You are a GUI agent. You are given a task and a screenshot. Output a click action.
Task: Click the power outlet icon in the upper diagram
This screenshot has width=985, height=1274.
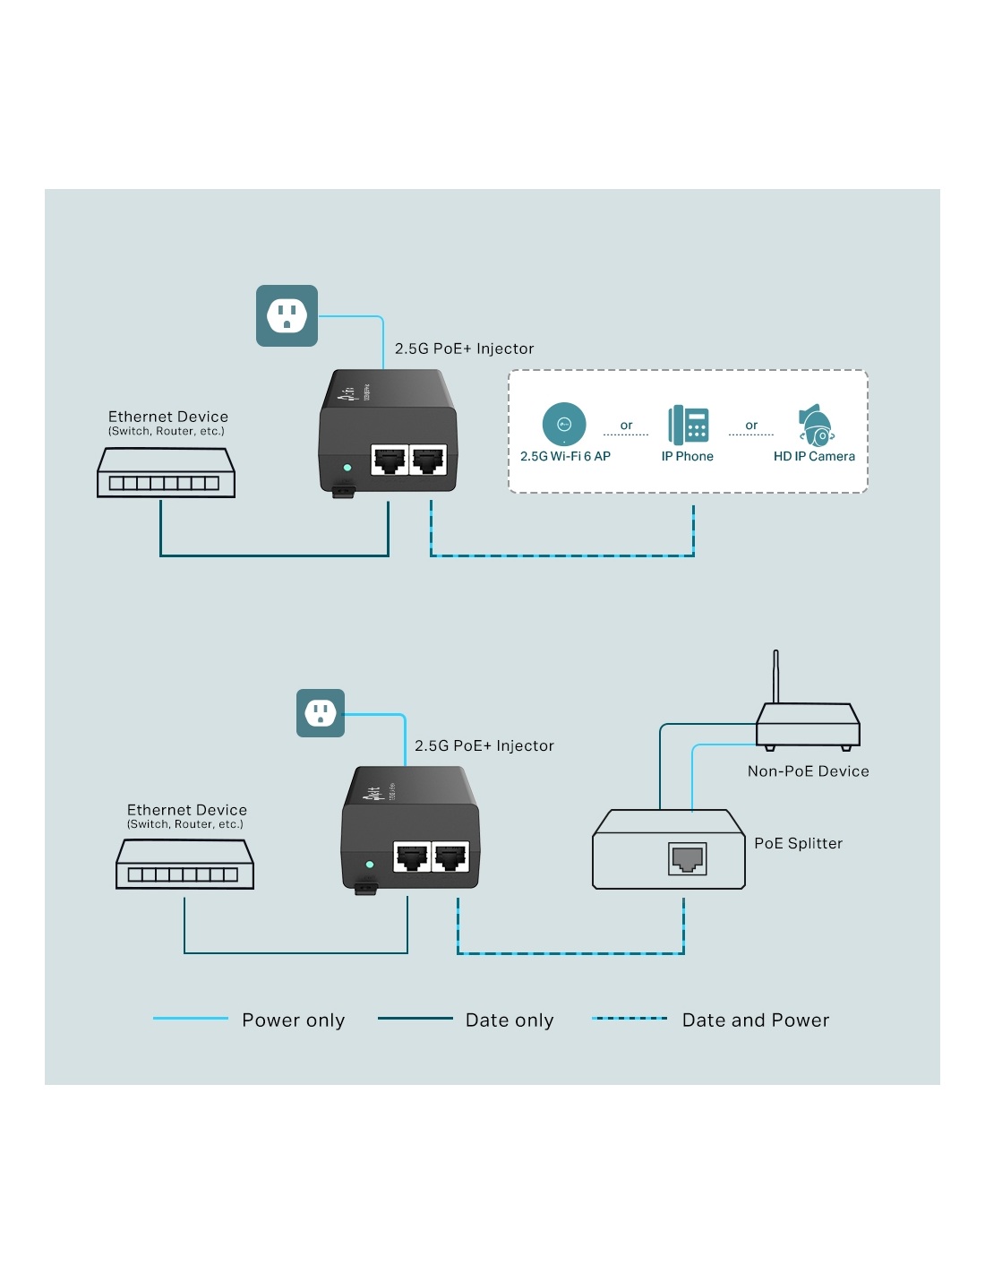287,315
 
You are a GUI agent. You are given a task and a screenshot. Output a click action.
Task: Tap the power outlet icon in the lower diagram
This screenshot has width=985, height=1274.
321,713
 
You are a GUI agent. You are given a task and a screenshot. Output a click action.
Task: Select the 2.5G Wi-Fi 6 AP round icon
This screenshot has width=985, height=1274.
564,424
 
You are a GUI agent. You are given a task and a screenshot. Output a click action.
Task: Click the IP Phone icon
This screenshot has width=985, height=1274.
688,425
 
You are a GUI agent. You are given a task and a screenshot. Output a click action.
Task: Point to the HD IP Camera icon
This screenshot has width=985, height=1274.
816,426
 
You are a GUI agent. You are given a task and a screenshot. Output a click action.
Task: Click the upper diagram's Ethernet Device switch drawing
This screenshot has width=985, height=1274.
166,473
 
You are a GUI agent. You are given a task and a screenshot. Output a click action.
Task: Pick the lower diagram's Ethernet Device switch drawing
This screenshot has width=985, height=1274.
184,865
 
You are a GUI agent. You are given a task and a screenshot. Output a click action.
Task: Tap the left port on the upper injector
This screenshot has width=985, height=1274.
390,461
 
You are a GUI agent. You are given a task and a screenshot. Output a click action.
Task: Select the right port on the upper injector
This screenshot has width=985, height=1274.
428,461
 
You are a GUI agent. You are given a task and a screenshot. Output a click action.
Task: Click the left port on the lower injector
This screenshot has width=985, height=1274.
412,857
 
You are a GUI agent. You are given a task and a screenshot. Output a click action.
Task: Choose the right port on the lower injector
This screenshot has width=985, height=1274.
450,857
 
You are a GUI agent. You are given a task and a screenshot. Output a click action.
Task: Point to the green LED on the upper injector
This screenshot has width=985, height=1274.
347,468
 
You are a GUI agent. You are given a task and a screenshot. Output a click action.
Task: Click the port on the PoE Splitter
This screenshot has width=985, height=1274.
688,858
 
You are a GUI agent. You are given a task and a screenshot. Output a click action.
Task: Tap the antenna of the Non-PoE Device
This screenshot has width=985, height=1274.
775,676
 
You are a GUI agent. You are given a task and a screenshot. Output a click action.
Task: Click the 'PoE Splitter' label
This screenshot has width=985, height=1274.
798,843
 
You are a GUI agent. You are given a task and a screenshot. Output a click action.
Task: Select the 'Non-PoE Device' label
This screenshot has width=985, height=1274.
808,771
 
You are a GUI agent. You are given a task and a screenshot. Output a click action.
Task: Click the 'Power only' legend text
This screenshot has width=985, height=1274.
293,1020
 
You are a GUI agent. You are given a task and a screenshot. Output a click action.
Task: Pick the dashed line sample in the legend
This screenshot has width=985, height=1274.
630,1019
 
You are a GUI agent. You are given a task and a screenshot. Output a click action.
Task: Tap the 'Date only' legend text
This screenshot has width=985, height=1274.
510,1020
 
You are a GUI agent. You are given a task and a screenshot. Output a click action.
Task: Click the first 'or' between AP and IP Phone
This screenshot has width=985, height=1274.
626,426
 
